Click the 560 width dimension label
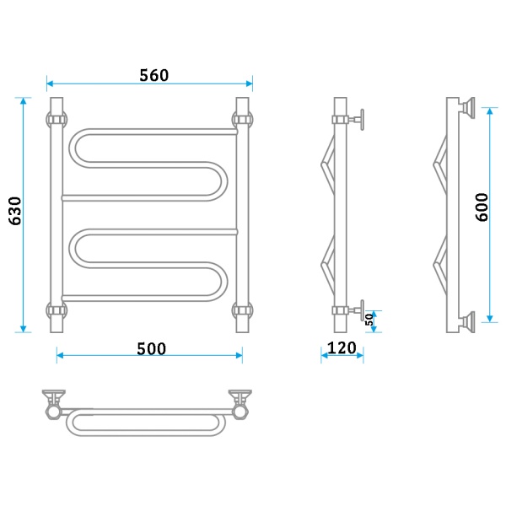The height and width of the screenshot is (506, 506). [x=154, y=75]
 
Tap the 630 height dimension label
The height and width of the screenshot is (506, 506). [x=15, y=211]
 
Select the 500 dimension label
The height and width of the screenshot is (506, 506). [x=151, y=349]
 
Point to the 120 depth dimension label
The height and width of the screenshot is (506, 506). [x=342, y=347]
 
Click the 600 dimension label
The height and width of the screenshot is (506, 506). [x=482, y=207]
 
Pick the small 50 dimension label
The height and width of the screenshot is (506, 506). [x=369, y=320]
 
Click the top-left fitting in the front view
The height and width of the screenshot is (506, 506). [x=57, y=120]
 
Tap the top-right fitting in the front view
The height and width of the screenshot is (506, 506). [x=242, y=120]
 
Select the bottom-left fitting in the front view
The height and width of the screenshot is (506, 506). [x=57, y=310]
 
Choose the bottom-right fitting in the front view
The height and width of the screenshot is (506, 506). [x=242, y=310]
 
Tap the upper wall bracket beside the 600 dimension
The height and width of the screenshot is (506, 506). [x=467, y=108]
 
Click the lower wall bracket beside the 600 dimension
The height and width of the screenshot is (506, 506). [x=467, y=322]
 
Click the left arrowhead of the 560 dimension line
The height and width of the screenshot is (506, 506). [x=50, y=83]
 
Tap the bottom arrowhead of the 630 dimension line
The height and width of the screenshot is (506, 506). [x=23, y=329]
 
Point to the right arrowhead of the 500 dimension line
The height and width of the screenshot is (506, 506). [x=240, y=356]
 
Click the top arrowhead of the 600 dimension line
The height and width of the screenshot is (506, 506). [x=489, y=111]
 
